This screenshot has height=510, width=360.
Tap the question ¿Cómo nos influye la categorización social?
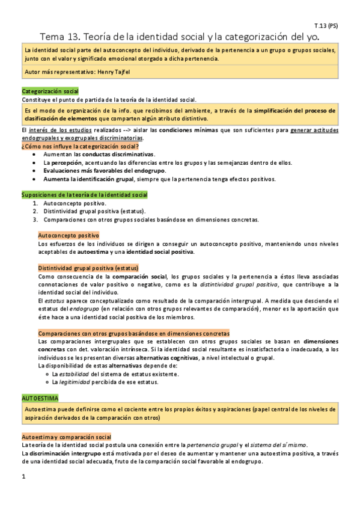[81, 147]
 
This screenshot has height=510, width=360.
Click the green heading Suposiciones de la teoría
[84, 195]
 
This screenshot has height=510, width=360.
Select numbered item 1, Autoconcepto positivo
[75, 204]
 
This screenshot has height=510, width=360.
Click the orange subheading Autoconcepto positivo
[69, 236]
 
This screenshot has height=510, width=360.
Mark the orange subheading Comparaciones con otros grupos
[133, 333]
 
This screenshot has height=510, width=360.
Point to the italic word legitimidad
[78, 382]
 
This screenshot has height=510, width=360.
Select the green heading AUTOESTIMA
[40, 398]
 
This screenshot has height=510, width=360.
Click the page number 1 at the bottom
[23, 477]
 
